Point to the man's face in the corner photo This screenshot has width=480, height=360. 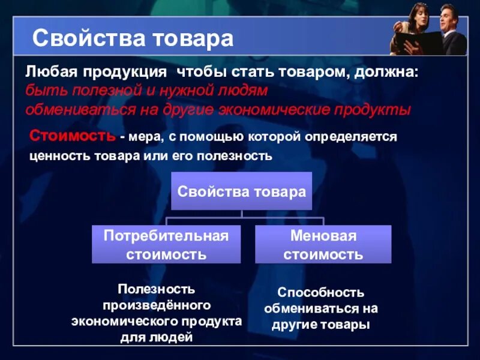coord(448,16)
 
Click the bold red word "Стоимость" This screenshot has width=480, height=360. coord(73,136)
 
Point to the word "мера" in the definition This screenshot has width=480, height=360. coord(142,137)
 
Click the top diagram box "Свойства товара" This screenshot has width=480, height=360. coord(241,191)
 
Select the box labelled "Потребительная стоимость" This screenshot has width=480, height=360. coord(166,244)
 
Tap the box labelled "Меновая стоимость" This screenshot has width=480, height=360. coord(323,244)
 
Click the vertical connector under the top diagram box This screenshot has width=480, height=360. coord(241,214)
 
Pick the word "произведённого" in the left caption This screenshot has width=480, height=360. coord(157,305)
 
